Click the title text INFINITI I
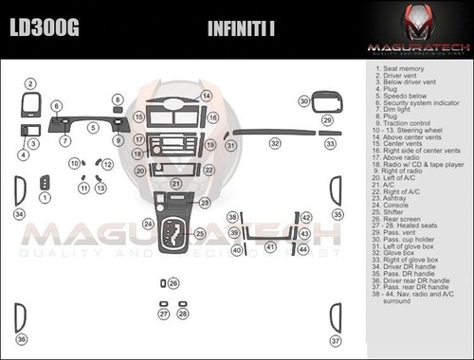pos(241,28)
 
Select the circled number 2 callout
pos(30,84)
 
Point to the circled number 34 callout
pos(19,215)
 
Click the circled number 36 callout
pos(21,339)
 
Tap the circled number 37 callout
pos(335,339)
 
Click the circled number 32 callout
pos(275,143)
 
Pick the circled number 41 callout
pos(270,247)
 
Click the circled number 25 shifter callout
pos(198,233)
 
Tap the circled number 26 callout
pos(173,282)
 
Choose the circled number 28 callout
pos(182,314)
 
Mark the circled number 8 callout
pos(118,99)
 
